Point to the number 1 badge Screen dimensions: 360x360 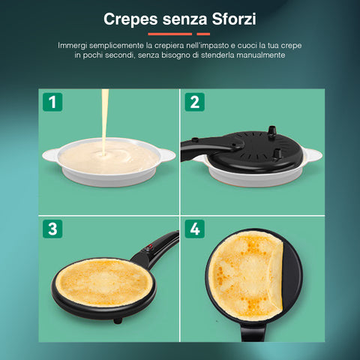click(x=52, y=102)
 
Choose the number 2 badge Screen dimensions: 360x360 click(x=194, y=102)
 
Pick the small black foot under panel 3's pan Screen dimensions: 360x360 click(x=116, y=319)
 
